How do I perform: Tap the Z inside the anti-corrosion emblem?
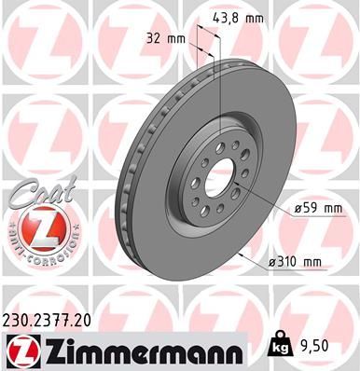[x=38, y=227]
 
